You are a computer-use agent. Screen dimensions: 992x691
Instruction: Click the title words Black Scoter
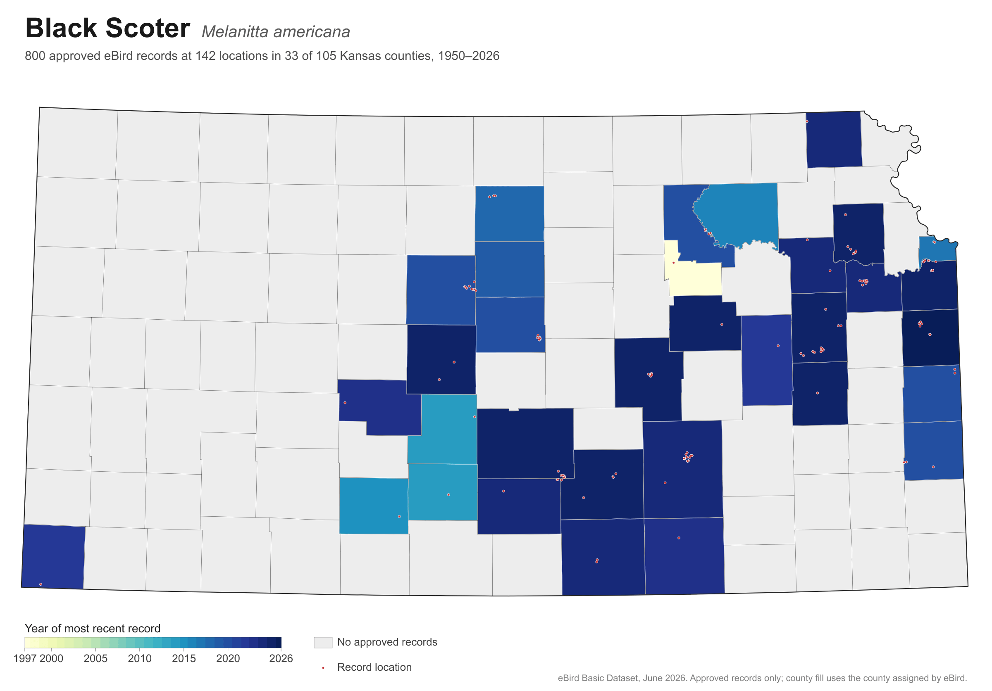[x=107, y=28]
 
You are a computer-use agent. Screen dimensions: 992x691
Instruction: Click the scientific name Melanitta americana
[x=276, y=32]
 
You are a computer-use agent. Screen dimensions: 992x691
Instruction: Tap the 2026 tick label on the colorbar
[x=281, y=659]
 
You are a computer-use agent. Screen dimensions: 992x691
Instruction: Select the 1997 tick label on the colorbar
[x=25, y=659]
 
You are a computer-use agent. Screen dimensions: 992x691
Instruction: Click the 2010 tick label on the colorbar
[x=140, y=659]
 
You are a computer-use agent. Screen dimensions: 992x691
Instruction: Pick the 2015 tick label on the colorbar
[x=184, y=659]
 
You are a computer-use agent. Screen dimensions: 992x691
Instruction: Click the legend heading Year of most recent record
[x=93, y=628]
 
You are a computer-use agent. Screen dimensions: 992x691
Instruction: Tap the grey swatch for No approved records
[x=323, y=642]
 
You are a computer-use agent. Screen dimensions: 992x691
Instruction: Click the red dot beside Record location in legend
[x=323, y=668]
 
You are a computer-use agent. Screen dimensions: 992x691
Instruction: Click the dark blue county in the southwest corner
[x=53, y=556]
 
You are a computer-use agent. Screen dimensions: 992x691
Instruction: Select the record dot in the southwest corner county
[x=41, y=584]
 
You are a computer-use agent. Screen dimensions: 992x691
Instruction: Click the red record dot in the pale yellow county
[x=673, y=263]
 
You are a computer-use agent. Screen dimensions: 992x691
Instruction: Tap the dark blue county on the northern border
[x=834, y=140]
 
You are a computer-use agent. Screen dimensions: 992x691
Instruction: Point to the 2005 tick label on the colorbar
[x=95, y=659]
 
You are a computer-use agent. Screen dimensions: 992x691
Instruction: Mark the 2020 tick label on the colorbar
[x=228, y=659]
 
